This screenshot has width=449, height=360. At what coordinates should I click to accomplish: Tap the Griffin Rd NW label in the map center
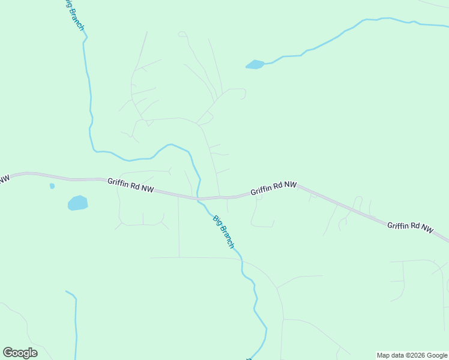(x=274, y=188)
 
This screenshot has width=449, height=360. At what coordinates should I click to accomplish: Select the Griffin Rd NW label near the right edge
(x=410, y=227)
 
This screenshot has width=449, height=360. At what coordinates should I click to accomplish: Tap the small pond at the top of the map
(x=255, y=64)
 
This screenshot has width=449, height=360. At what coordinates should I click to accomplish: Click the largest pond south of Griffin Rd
(x=77, y=203)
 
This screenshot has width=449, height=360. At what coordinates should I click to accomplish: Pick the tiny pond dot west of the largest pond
(x=52, y=186)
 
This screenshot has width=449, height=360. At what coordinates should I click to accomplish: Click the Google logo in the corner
(x=20, y=353)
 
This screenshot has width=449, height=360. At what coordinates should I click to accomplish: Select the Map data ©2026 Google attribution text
(x=412, y=355)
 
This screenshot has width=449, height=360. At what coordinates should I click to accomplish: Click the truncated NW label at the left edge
(x=4, y=179)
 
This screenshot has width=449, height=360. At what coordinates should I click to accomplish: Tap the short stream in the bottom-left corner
(x=76, y=324)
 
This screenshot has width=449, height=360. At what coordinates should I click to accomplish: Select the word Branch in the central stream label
(x=227, y=236)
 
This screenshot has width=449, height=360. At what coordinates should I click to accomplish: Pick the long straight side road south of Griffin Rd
(x=179, y=228)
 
